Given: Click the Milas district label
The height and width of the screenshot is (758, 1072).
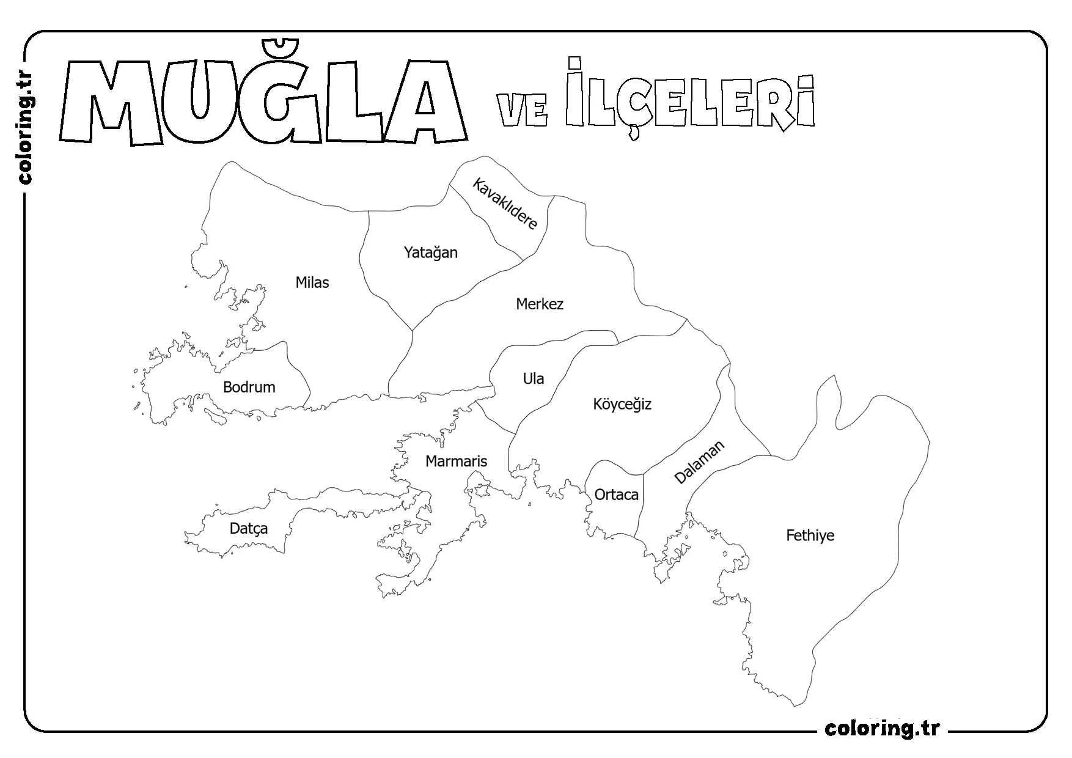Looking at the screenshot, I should tap(312, 282).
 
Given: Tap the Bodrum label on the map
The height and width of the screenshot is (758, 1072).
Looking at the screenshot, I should tap(249, 387).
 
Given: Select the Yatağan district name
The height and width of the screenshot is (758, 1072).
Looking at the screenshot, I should tap(430, 252).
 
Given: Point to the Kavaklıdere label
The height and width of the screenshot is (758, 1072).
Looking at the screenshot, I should tap(505, 204).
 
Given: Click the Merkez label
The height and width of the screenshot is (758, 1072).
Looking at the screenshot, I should tap(539, 304).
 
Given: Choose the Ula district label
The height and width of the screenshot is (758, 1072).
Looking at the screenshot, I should tap(533, 379).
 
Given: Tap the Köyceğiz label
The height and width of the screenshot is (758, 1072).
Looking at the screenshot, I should tap(622, 404).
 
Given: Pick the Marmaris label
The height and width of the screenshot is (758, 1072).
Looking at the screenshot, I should tap(456, 462).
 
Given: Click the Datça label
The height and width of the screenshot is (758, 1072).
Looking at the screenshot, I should tap(248, 529).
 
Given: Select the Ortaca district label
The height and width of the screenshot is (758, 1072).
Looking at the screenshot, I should tap(616, 495).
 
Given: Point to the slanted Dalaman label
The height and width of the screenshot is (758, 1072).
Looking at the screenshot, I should tap(699, 462).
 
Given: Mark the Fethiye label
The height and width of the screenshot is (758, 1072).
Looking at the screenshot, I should tap(810, 536).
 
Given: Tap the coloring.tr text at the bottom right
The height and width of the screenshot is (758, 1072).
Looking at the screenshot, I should tap(882, 729).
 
